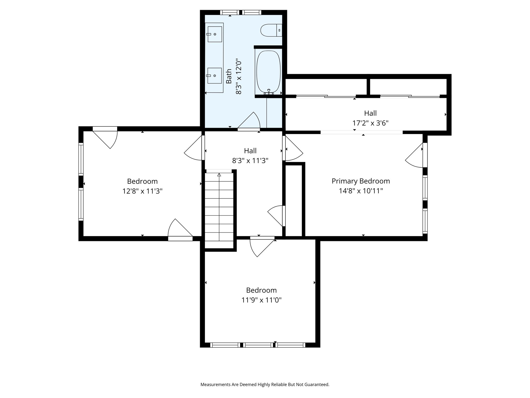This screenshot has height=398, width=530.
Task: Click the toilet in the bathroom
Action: pos(268,30)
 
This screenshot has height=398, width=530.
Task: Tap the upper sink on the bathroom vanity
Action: pos(215,34)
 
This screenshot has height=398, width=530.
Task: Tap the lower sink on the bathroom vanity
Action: pos(215,76)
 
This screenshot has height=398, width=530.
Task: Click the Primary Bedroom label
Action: pos(361,181)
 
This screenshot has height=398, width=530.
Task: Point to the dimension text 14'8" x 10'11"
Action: pos(361,191)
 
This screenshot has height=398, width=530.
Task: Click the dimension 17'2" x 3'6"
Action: pos(370,123)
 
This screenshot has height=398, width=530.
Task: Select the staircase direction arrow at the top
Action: pos(219,175)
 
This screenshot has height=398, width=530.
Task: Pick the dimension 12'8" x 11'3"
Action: pos(142,191)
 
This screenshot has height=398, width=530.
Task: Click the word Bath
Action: pos(229,76)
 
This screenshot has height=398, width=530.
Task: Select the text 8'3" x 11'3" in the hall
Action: pos(250,161)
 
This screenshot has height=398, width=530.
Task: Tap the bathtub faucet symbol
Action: pos(269,92)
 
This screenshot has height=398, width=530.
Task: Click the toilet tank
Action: pos(279,30)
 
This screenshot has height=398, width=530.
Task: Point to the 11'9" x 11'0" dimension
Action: pos(261,300)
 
